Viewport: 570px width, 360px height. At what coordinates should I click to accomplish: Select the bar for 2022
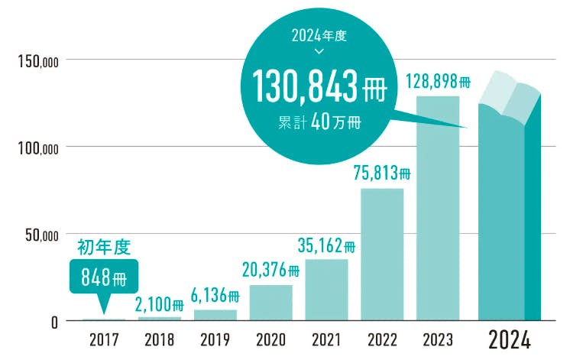pos(382,254)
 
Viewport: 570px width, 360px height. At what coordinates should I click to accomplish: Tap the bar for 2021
pos(326,289)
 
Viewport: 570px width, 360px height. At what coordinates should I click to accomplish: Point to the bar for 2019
pos(215,314)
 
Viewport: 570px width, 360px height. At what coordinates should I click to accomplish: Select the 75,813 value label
pos(381,174)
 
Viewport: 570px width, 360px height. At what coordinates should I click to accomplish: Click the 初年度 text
pos(105,247)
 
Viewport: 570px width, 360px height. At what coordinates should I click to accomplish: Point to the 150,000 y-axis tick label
pos(37,60)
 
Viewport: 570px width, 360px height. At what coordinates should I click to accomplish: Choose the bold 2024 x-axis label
pos(509,339)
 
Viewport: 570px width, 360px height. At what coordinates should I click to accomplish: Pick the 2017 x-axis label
pos(104,339)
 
